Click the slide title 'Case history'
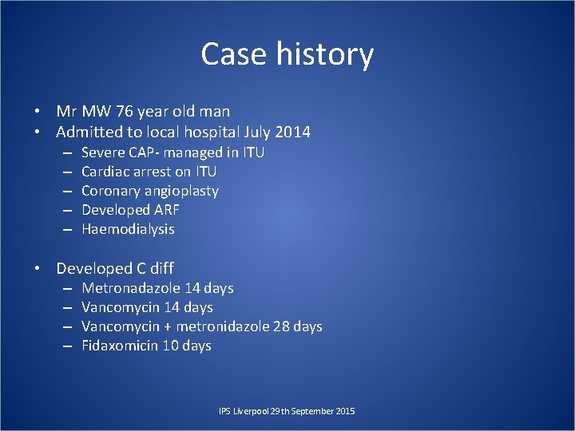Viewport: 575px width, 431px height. pyautogui.click(x=287, y=54)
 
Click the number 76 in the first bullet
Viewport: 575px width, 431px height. pyautogui.click(x=131, y=112)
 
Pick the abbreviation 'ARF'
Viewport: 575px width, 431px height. pyautogui.click(x=165, y=210)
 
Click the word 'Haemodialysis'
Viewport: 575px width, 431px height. pyautogui.click(x=128, y=229)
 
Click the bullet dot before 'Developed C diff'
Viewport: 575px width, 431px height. pyautogui.click(x=38, y=269)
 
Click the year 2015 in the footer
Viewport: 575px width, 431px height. pyautogui.click(x=346, y=411)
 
